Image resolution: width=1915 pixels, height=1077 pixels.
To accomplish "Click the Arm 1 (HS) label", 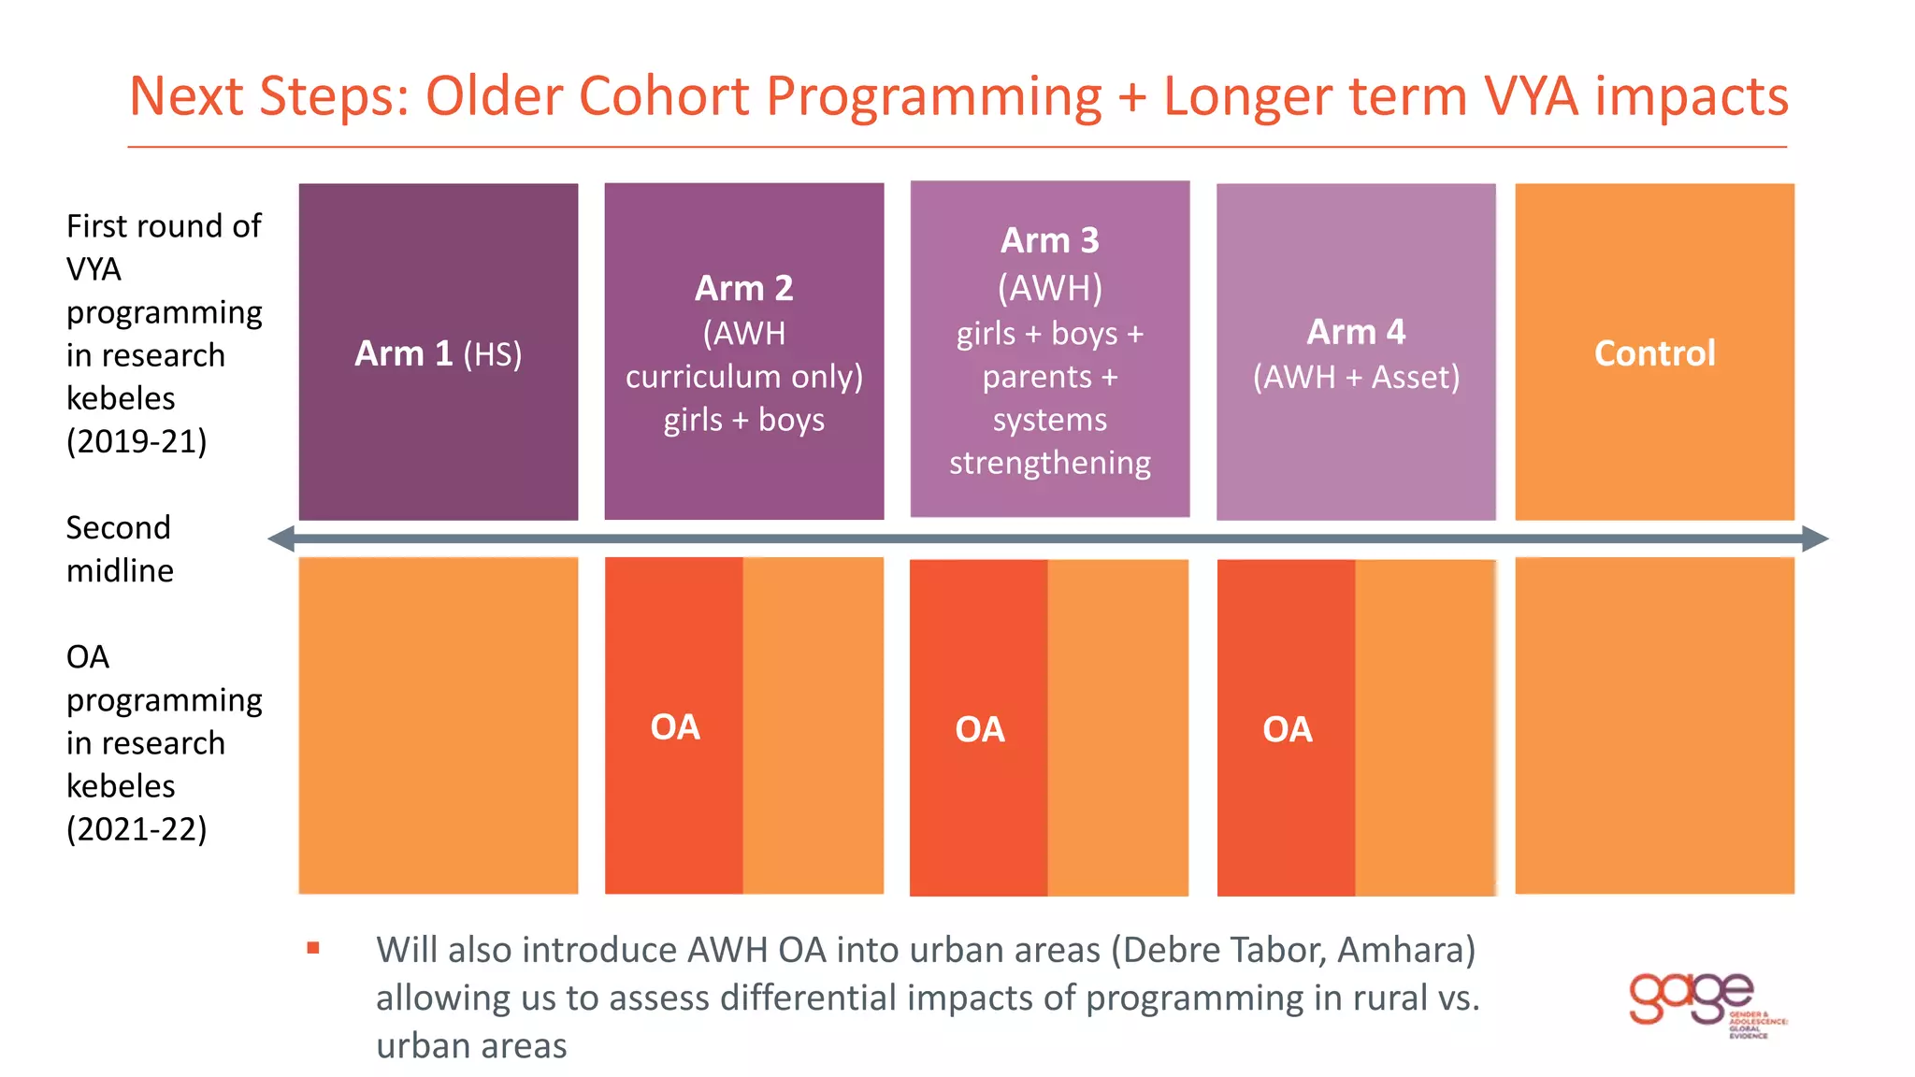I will (x=438, y=354).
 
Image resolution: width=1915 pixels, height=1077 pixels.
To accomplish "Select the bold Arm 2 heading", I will (x=743, y=288).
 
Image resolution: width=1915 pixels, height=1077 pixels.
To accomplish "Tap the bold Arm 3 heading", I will (x=1049, y=240).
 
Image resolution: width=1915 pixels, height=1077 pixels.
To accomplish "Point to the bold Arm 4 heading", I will (x=1356, y=332).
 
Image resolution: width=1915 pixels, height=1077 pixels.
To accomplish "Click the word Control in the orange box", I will (x=1654, y=353).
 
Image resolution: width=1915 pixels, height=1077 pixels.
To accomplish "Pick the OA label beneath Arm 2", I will (x=675, y=727).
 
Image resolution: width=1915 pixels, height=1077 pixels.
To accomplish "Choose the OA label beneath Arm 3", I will (x=980, y=729).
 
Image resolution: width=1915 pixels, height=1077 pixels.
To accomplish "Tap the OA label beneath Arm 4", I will (x=1288, y=729).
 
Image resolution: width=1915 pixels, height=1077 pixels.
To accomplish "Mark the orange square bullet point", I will (x=313, y=948).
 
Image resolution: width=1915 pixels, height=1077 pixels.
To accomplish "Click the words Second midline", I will (x=120, y=549).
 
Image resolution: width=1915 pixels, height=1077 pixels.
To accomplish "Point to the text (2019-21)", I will (x=137, y=441).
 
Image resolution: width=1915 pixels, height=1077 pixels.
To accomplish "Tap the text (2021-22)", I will (x=137, y=829).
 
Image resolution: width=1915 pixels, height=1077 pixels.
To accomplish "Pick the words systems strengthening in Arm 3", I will (x=1049, y=441).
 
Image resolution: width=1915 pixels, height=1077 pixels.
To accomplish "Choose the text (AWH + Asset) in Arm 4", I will (x=1356, y=377).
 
